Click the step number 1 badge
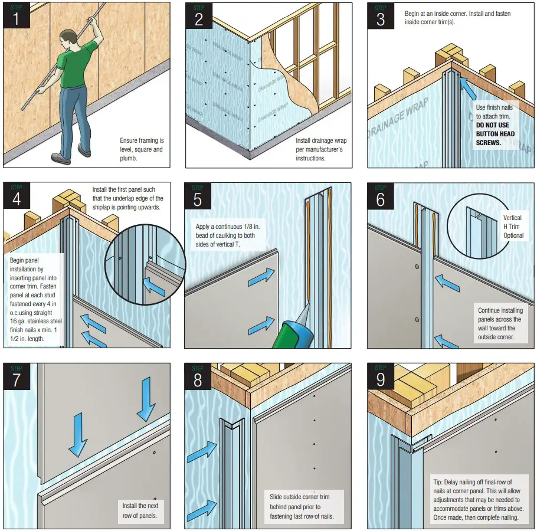17,17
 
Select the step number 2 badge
198,17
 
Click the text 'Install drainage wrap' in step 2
321,140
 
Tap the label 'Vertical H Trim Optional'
512,227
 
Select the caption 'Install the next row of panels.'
140,511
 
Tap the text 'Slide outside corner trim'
299,497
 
